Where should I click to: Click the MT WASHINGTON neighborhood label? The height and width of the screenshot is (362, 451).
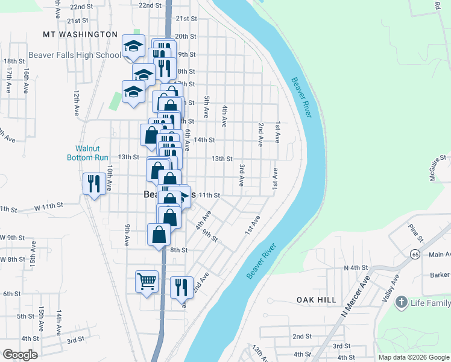pyautogui.click(x=80, y=34)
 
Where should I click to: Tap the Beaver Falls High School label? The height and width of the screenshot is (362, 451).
pyautogui.click(x=74, y=55)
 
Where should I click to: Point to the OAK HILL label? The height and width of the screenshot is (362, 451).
pyautogui.click(x=315, y=299)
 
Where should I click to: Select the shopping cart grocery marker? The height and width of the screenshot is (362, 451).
pyautogui.click(x=147, y=281)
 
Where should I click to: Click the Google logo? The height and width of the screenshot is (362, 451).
pyautogui.click(x=20, y=355)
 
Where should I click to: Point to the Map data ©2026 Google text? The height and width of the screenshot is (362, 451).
pyautogui.click(x=413, y=357)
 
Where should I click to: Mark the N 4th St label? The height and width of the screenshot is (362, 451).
pyautogui.click(x=355, y=267)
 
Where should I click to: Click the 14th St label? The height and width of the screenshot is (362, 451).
pyautogui.click(x=204, y=140)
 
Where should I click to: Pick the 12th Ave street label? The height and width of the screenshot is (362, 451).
pyautogui.click(x=77, y=103)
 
